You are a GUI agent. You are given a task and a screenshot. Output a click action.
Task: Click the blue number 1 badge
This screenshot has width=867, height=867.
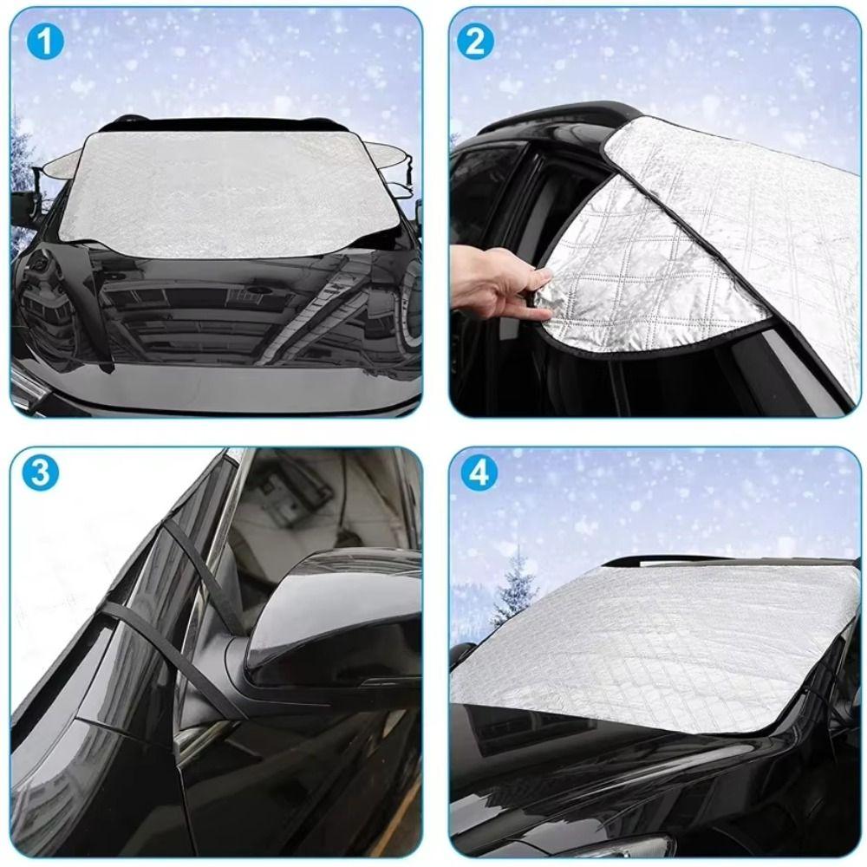coord(45,42)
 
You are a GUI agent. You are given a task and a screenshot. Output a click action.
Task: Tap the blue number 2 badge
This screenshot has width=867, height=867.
coord(475,42)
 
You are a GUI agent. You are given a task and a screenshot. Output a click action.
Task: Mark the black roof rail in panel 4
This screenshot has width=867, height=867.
coord(659,560)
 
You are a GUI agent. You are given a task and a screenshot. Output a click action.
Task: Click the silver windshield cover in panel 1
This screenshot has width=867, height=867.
coord(230,191)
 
